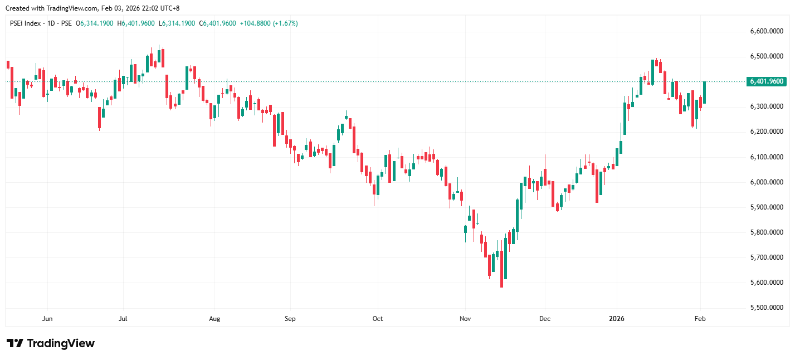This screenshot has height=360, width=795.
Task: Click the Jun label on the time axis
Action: tap(47, 319)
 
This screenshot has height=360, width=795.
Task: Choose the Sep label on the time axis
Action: tap(290, 319)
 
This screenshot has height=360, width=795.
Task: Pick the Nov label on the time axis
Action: tap(465, 319)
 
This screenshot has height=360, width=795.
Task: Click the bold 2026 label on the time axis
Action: tap(617, 319)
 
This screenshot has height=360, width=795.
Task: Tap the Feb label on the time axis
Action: tap(700, 319)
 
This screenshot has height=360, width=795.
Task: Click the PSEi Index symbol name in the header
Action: tap(26, 23)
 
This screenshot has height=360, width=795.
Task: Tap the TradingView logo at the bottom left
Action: tap(50, 343)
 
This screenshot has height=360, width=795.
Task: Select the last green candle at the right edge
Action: tap(704, 93)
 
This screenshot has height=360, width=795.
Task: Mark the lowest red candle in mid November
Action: tap(501, 269)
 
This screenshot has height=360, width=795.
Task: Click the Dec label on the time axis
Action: tap(545, 319)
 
